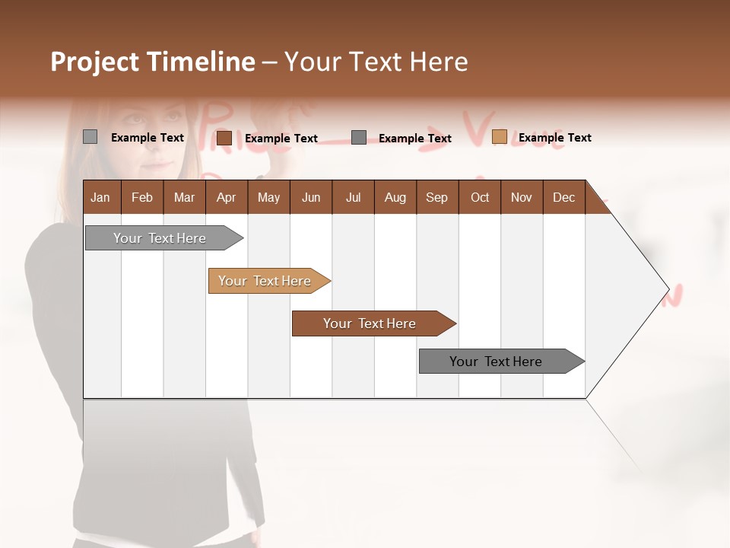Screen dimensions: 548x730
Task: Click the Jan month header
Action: pos(101,197)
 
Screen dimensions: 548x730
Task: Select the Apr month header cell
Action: pos(227,197)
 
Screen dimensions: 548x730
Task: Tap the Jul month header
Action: pos(353,197)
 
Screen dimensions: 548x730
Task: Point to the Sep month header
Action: pos(437,197)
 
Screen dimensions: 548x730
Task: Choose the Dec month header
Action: pos(563,197)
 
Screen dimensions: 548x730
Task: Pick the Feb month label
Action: pos(142,197)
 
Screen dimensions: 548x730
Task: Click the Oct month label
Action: pos(480,197)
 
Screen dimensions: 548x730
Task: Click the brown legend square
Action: pos(224,138)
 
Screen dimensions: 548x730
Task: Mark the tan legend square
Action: pos(499,137)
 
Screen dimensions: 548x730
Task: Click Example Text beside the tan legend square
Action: pos(554,138)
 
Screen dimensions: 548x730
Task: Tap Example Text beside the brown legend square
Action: pos(281,139)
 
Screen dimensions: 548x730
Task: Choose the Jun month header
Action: pos(311,197)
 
